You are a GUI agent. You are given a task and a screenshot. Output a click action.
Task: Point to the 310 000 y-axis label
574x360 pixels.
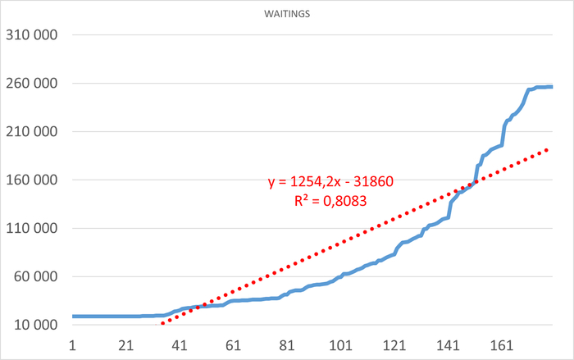(x=33, y=35)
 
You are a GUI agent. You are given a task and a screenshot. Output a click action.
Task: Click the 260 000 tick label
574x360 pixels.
(x=33, y=84)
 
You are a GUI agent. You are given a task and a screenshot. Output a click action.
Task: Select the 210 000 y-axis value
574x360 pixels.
(x=33, y=131)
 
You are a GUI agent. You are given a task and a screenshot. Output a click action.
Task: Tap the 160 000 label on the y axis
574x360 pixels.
(x=33, y=180)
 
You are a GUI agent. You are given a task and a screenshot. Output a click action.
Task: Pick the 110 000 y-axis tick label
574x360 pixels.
(x=33, y=228)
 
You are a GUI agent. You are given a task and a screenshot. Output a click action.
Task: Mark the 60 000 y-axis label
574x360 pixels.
(x=36, y=276)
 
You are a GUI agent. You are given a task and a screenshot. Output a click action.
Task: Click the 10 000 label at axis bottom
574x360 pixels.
(x=36, y=325)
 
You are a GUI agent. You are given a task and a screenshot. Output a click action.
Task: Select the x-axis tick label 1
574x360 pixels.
(x=73, y=346)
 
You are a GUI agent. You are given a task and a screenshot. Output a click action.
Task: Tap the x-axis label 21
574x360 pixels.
(x=125, y=346)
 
